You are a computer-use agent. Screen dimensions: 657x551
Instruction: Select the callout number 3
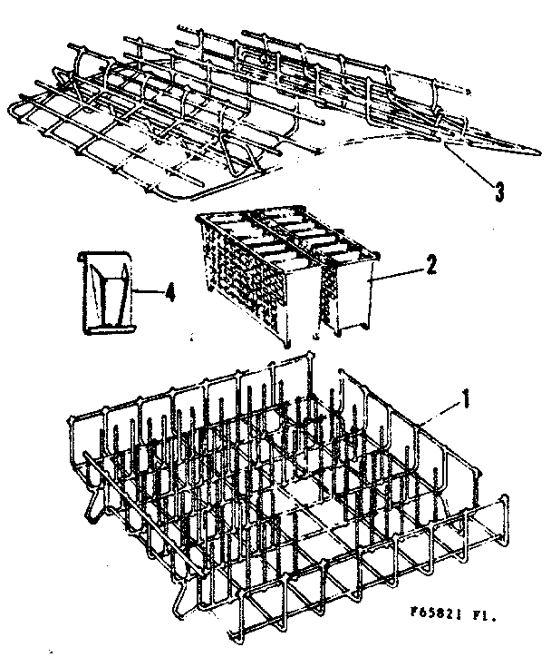498,192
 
